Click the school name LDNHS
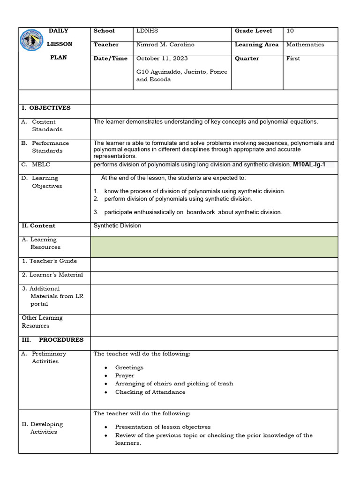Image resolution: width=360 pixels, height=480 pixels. [147, 31]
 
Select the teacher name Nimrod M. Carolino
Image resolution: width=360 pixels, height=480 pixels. [165, 45]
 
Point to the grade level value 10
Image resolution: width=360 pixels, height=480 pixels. [290, 31]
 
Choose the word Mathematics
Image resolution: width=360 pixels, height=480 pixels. [305, 45]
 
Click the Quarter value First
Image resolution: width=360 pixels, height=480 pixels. [293, 59]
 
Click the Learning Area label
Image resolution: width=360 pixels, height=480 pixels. [257, 45]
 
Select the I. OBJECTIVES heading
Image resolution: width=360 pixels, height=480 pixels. [46, 108]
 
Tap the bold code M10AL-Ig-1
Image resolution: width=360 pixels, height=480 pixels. [309, 165]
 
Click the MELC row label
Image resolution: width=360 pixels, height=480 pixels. [41, 165]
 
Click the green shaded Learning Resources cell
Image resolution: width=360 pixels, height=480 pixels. [214, 247]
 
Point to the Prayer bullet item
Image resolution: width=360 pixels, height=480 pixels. [125, 375]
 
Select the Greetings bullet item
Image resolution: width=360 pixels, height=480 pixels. [129, 367]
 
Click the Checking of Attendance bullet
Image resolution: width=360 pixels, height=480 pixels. [150, 392]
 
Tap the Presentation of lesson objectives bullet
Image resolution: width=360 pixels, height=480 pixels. [163, 427]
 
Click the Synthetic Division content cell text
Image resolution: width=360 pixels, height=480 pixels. [117, 225]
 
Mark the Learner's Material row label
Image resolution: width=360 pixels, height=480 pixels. [52, 275]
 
